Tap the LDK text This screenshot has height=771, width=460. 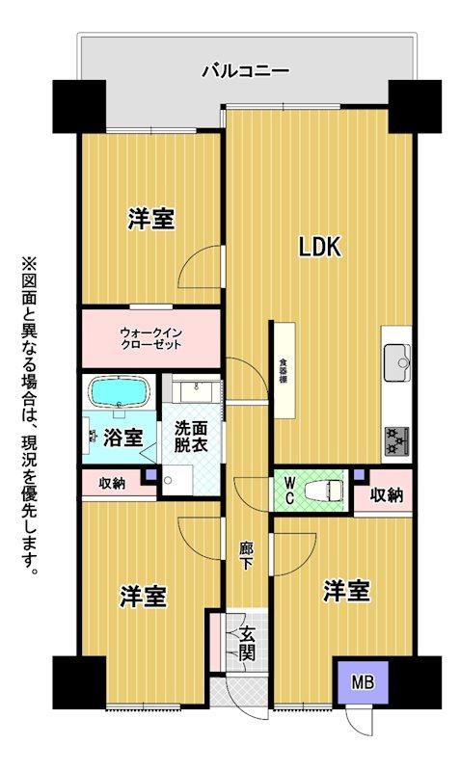coord(318,248)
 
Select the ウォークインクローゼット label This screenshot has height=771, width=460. coord(151,338)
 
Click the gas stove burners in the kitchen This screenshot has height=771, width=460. coord(396,439)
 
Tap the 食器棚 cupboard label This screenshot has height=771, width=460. coord(284,370)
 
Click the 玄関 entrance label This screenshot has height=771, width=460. coord(248,642)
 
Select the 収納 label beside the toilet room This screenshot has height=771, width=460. coord(387,494)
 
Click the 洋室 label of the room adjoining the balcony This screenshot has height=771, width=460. coord(151,219)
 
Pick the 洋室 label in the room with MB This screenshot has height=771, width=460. coord(346,589)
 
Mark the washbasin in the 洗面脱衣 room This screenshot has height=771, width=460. coord(199,390)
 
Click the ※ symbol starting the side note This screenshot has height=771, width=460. coord(27,263)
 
